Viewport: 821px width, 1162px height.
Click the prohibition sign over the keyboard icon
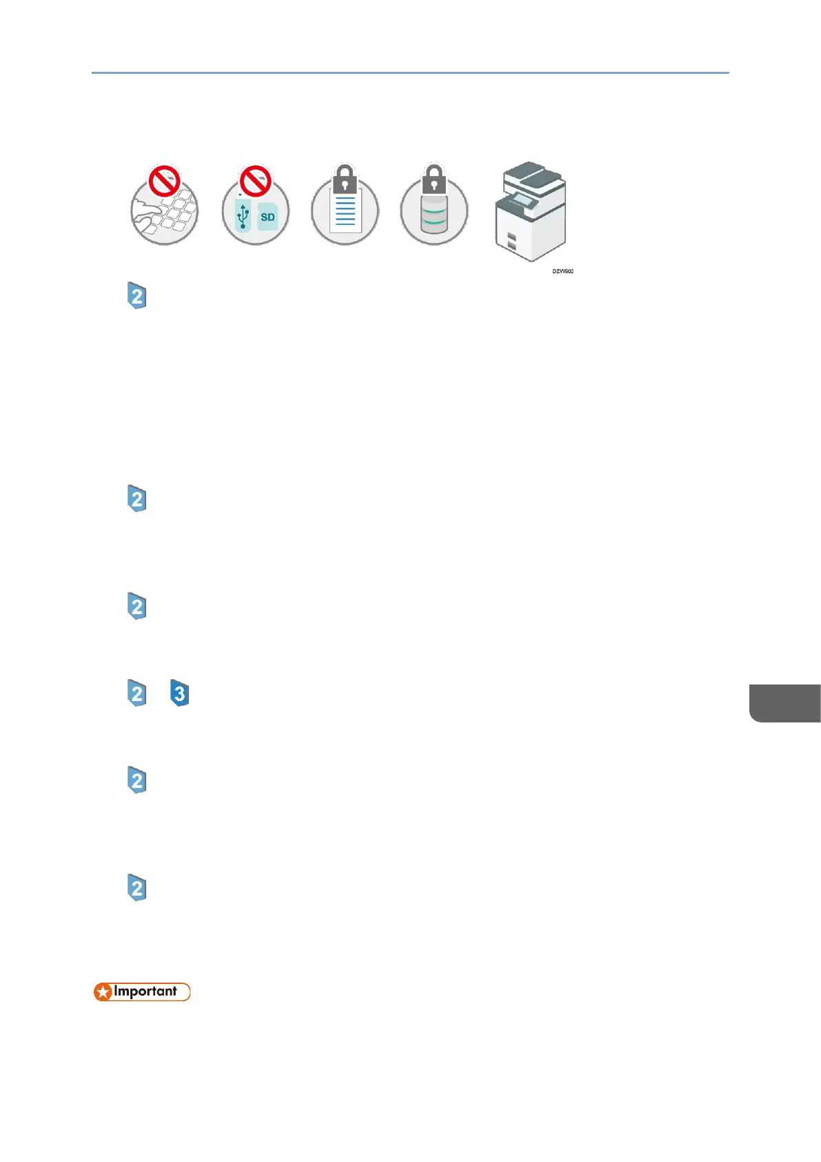(x=164, y=181)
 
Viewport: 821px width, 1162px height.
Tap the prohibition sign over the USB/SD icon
(x=255, y=181)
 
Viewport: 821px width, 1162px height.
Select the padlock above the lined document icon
(x=345, y=179)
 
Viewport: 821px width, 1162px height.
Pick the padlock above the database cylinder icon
(x=434, y=179)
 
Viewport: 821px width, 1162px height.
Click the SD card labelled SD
(x=267, y=217)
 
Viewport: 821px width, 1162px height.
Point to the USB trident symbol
(x=243, y=215)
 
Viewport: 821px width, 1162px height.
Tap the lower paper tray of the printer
(x=511, y=246)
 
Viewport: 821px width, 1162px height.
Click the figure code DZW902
(x=562, y=271)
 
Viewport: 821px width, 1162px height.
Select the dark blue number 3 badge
(x=179, y=693)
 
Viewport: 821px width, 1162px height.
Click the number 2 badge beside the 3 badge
(x=137, y=693)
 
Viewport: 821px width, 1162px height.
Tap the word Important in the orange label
(x=145, y=992)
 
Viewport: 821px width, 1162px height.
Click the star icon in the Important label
(x=103, y=992)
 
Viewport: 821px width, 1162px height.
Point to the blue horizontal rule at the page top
(x=410, y=72)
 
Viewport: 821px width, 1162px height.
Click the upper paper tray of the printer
(x=511, y=237)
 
